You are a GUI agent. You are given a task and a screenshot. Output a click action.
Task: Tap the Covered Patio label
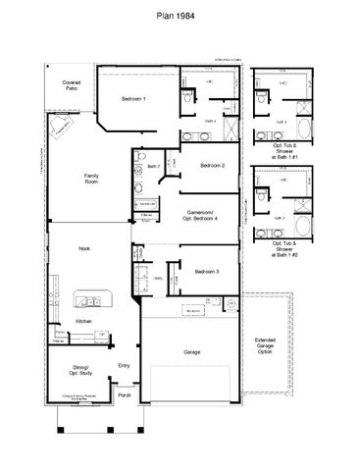[72, 86]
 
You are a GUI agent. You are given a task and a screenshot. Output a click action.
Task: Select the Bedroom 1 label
[133, 99]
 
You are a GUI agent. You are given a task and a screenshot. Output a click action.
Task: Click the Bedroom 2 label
[211, 166]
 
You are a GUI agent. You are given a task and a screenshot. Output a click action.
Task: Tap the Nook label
[85, 249]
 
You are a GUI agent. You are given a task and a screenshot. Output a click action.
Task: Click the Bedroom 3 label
[206, 272]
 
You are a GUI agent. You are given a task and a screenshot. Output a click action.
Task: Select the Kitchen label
[83, 321]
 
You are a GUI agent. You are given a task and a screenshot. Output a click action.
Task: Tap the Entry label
[124, 366]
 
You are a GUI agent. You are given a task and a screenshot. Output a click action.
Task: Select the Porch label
[125, 395]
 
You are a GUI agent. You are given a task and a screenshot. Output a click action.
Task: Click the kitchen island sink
[88, 298]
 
